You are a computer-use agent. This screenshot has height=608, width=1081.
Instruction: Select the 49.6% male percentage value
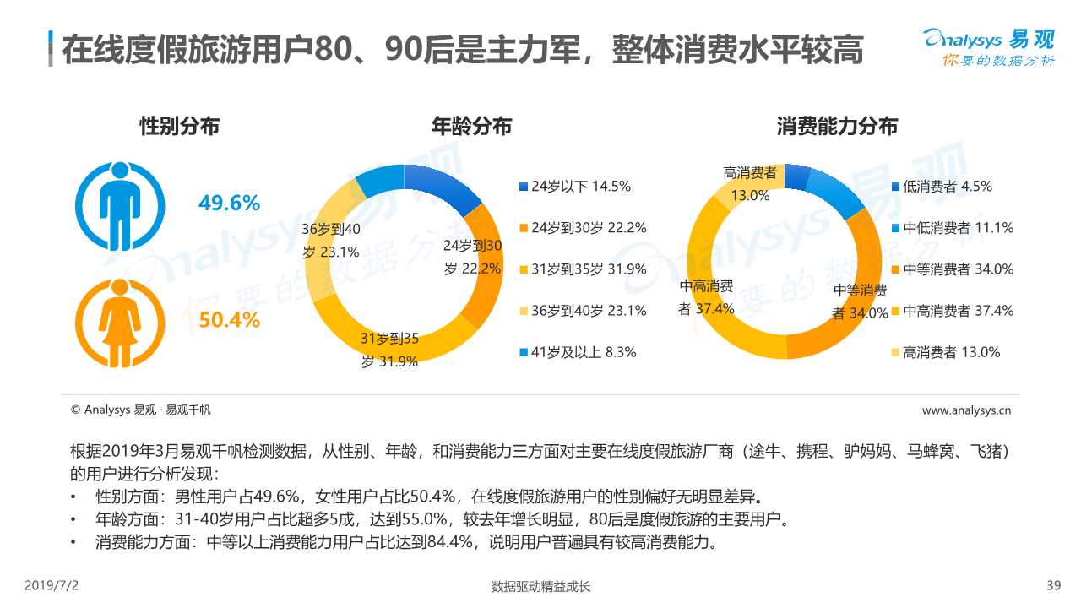229,204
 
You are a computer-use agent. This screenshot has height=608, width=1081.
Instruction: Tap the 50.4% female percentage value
229,321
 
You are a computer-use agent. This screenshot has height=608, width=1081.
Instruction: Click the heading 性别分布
179,127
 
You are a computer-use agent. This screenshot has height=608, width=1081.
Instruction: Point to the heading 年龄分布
471,127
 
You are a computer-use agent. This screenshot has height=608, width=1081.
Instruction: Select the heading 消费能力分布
837,127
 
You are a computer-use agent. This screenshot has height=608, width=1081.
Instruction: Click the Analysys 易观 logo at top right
988,46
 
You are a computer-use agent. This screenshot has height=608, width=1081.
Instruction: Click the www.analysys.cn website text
966,410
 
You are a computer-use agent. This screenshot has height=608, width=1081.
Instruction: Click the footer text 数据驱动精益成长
540,587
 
